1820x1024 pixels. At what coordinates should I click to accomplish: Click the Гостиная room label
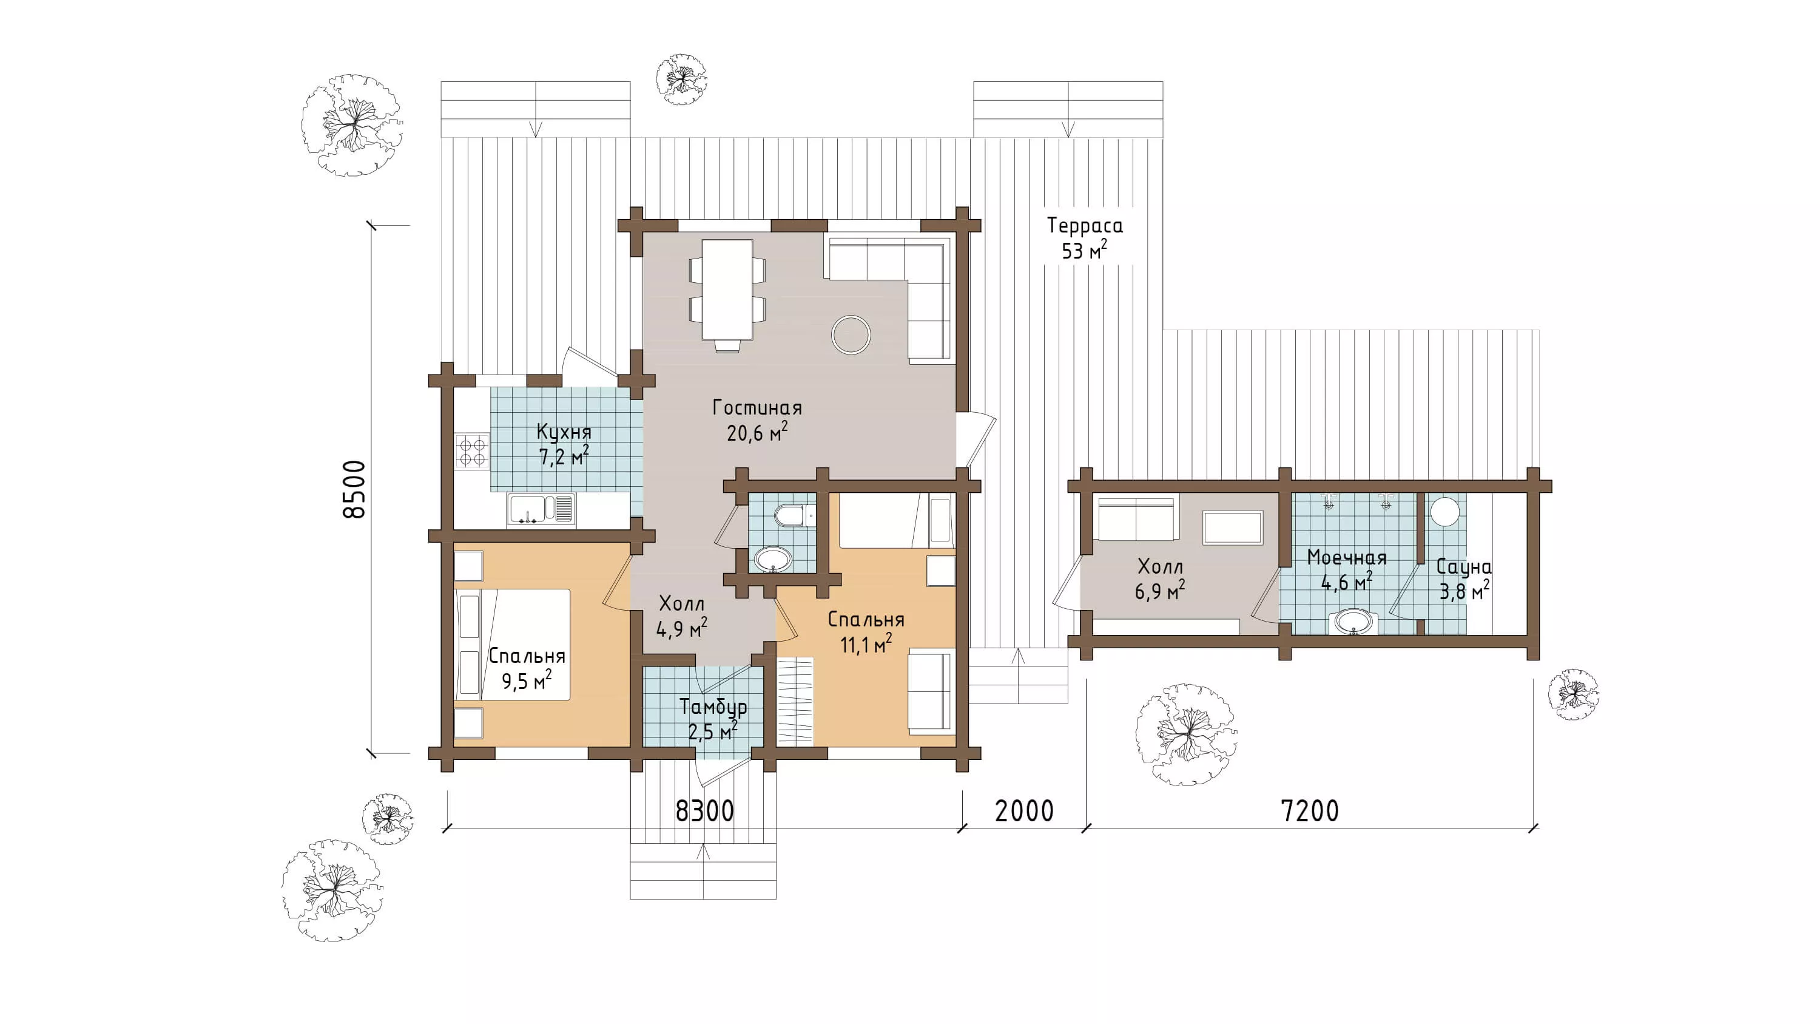pyautogui.click(x=757, y=408)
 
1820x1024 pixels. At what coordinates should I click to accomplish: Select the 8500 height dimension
pyautogui.click(x=354, y=489)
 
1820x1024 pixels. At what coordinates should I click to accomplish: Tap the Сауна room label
pyautogui.click(x=1464, y=568)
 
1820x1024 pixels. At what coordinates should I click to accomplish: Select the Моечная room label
pyautogui.click(x=1347, y=558)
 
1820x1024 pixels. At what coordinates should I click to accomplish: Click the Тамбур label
pyautogui.click(x=713, y=707)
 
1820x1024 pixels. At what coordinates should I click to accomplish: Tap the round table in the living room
pyautogui.click(x=851, y=334)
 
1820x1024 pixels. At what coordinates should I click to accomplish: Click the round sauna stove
pyautogui.click(x=1446, y=511)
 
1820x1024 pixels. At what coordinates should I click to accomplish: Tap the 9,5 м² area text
pyautogui.click(x=527, y=680)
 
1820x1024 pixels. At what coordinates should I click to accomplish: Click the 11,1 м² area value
pyautogui.click(x=866, y=644)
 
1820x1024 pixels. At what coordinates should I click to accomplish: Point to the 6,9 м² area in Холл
pyautogui.click(x=1160, y=590)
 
